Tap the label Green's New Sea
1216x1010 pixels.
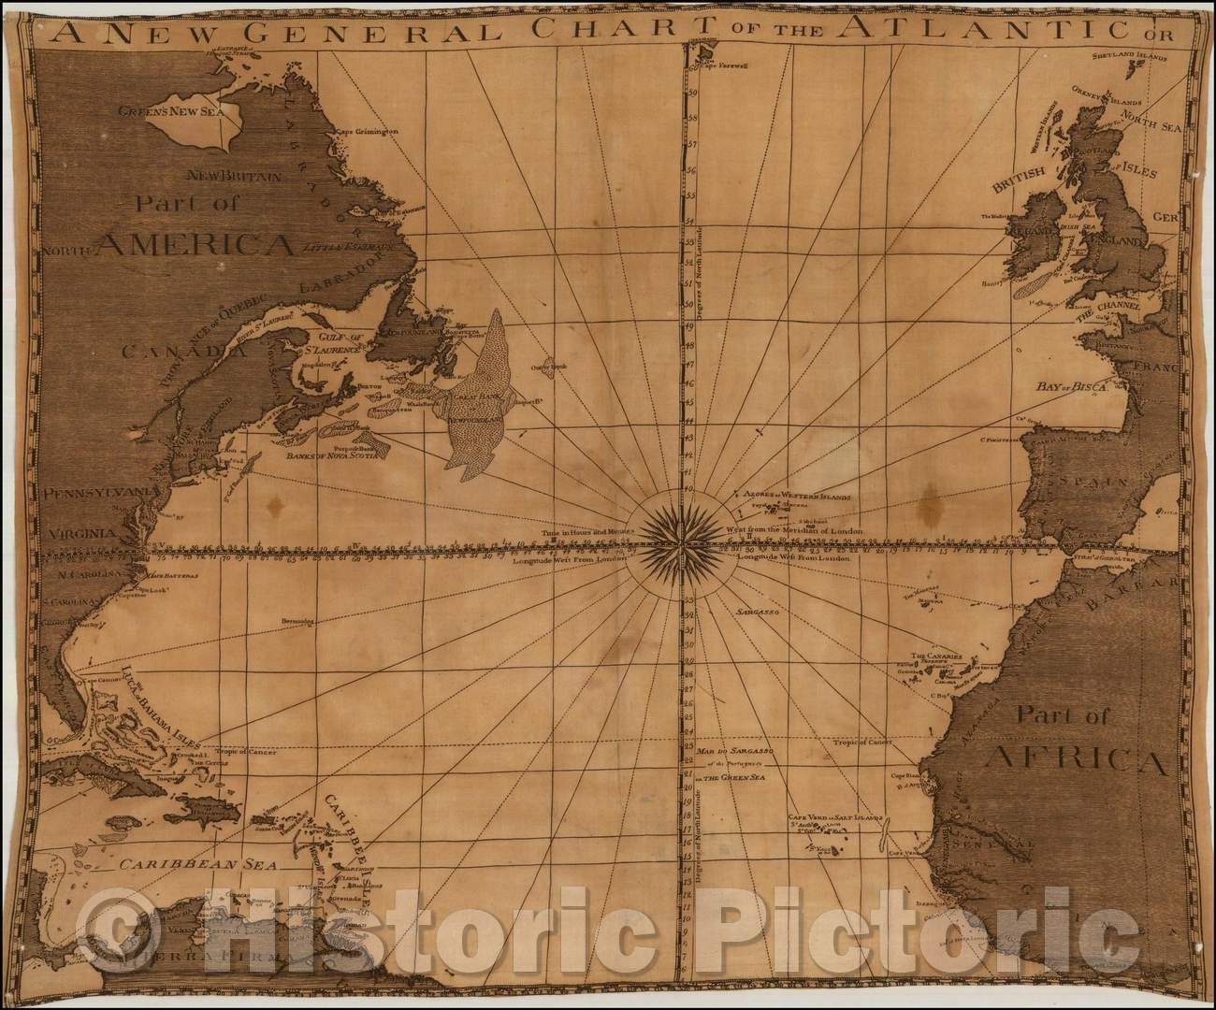pos(169,110)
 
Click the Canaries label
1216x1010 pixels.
pos(936,656)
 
